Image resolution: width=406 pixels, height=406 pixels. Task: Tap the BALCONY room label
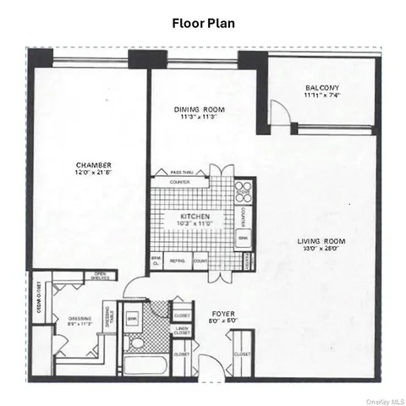[x=322, y=87]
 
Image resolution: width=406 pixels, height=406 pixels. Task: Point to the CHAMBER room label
[x=94, y=165]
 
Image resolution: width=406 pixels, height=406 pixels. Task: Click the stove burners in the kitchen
[x=243, y=191]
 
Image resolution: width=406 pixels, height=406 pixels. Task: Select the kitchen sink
[x=243, y=241]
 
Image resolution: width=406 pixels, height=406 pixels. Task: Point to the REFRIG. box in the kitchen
[x=178, y=261]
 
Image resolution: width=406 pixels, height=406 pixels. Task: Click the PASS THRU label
[x=183, y=172]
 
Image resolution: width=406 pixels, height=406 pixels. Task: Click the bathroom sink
[x=132, y=318]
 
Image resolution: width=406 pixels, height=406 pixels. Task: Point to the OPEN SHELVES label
[x=99, y=275]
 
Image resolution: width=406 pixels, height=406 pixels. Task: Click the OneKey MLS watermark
[x=381, y=398]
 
